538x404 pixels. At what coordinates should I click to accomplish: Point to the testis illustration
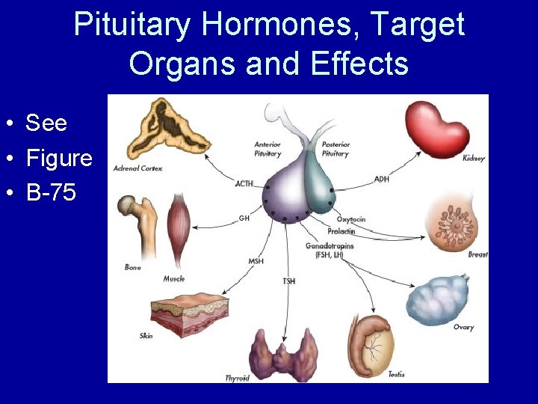(377, 346)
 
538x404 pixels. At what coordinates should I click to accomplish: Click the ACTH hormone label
(244, 183)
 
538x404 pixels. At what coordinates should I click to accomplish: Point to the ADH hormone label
(381, 179)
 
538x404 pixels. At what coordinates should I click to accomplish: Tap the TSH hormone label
(288, 281)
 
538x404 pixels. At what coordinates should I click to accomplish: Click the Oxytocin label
(350, 219)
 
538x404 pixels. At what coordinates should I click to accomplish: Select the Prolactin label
(341, 231)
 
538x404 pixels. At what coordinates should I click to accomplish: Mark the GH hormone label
(244, 218)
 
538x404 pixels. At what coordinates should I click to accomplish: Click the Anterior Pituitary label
(268, 149)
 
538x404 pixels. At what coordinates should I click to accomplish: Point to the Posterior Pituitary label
(335, 149)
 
